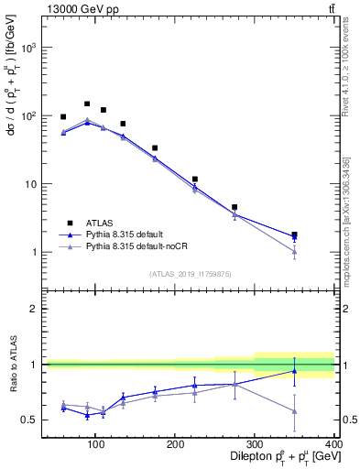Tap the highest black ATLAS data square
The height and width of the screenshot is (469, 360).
[87, 104]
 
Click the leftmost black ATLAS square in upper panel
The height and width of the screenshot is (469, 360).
[63, 117]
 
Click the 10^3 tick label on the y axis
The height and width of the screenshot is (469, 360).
[29, 48]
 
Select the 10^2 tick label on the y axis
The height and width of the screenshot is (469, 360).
[29, 116]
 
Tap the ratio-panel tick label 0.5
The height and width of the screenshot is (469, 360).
[30, 420]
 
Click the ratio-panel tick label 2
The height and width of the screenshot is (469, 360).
[34, 309]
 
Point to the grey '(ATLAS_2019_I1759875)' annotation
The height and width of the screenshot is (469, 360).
[189, 274]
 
